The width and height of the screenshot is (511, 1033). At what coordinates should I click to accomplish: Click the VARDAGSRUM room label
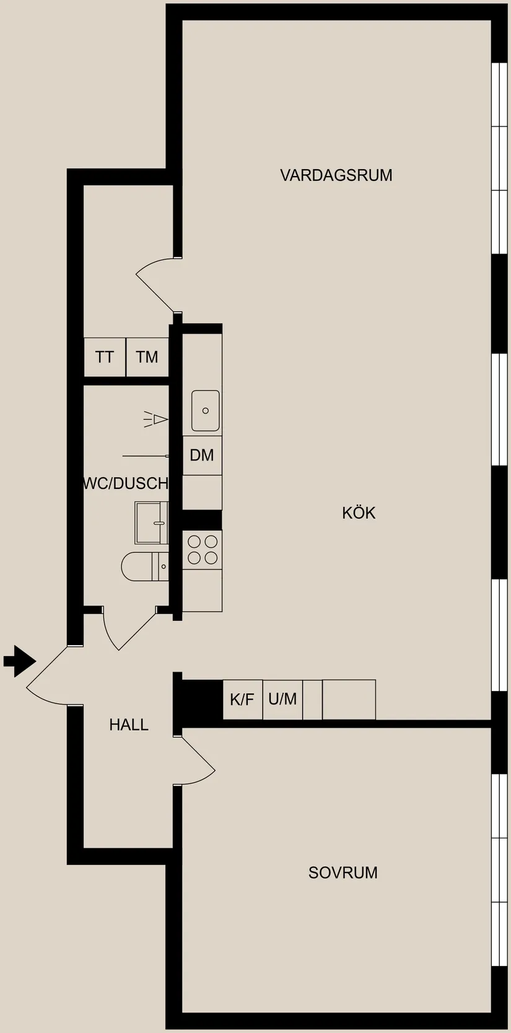336,175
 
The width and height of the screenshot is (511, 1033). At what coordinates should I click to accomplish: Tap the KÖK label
359,513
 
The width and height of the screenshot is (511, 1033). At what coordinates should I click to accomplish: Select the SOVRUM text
343,873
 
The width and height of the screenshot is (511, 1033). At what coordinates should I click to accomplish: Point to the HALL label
129,724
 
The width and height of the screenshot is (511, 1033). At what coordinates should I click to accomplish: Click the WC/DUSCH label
126,483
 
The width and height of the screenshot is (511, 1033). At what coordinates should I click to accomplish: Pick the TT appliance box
105,357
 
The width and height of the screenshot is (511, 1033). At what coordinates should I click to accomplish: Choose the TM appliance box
147,357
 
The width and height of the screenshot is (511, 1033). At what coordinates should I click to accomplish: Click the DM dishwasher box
202,455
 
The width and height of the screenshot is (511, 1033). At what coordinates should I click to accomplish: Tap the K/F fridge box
242,700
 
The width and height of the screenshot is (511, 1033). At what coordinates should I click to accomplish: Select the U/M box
282,700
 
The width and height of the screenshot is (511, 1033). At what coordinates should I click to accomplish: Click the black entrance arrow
19,661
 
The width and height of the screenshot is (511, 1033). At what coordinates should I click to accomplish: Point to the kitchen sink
205,410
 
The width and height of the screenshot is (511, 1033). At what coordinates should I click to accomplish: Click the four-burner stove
203,550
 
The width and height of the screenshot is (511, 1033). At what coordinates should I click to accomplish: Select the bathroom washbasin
152,523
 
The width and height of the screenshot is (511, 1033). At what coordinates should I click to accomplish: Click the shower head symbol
157,420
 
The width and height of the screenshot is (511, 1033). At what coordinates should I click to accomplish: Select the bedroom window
499,869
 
